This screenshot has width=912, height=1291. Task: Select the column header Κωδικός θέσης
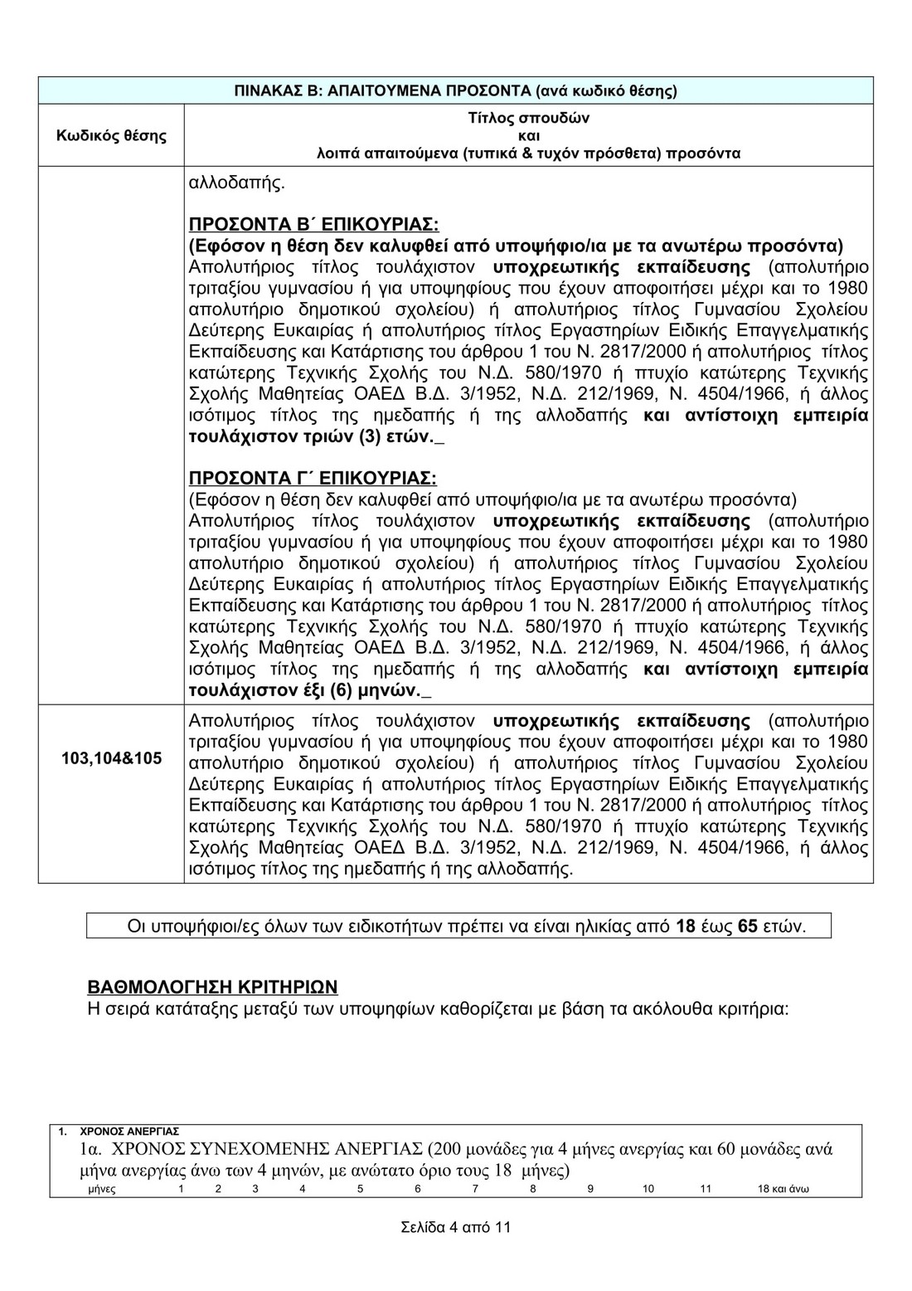[x=111, y=135]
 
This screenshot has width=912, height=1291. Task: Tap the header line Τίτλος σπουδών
[x=528, y=118]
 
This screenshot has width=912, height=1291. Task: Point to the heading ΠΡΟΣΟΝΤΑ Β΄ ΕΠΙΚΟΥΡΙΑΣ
[x=313, y=225]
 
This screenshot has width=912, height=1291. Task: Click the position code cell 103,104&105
[x=112, y=758]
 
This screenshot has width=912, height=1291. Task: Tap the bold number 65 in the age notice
[x=747, y=926]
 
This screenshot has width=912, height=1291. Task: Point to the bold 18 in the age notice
[x=686, y=926]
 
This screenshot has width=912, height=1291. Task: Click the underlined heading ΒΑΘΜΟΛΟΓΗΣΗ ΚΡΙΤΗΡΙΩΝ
[x=213, y=987]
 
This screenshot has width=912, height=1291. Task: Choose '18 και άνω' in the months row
[x=783, y=1189]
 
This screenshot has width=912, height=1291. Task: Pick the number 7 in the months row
[x=475, y=1189]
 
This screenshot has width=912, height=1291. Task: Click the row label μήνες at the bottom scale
[x=102, y=1189]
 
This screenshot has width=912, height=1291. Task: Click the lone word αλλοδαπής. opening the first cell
[x=237, y=183]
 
